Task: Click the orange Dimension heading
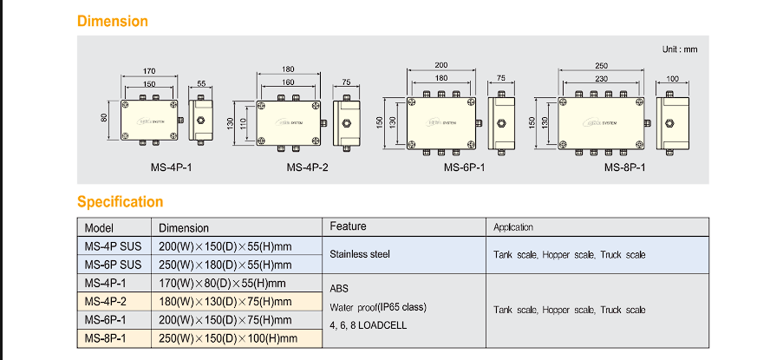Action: click(x=113, y=21)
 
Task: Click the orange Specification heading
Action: click(x=120, y=202)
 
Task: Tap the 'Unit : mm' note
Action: click(x=679, y=49)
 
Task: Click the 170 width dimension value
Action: click(x=149, y=71)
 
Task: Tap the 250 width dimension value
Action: click(x=602, y=66)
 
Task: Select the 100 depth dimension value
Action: click(x=672, y=80)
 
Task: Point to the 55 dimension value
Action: click(x=202, y=84)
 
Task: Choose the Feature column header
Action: click(x=349, y=226)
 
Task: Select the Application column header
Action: click(x=513, y=227)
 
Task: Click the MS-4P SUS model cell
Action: click(x=113, y=246)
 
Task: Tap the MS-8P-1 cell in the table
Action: click(x=104, y=338)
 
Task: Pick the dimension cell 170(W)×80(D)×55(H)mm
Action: click(x=222, y=283)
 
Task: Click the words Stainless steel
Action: click(x=360, y=255)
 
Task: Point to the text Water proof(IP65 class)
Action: click(x=379, y=307)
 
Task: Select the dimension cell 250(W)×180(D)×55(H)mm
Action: click(x=225, y=265)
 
